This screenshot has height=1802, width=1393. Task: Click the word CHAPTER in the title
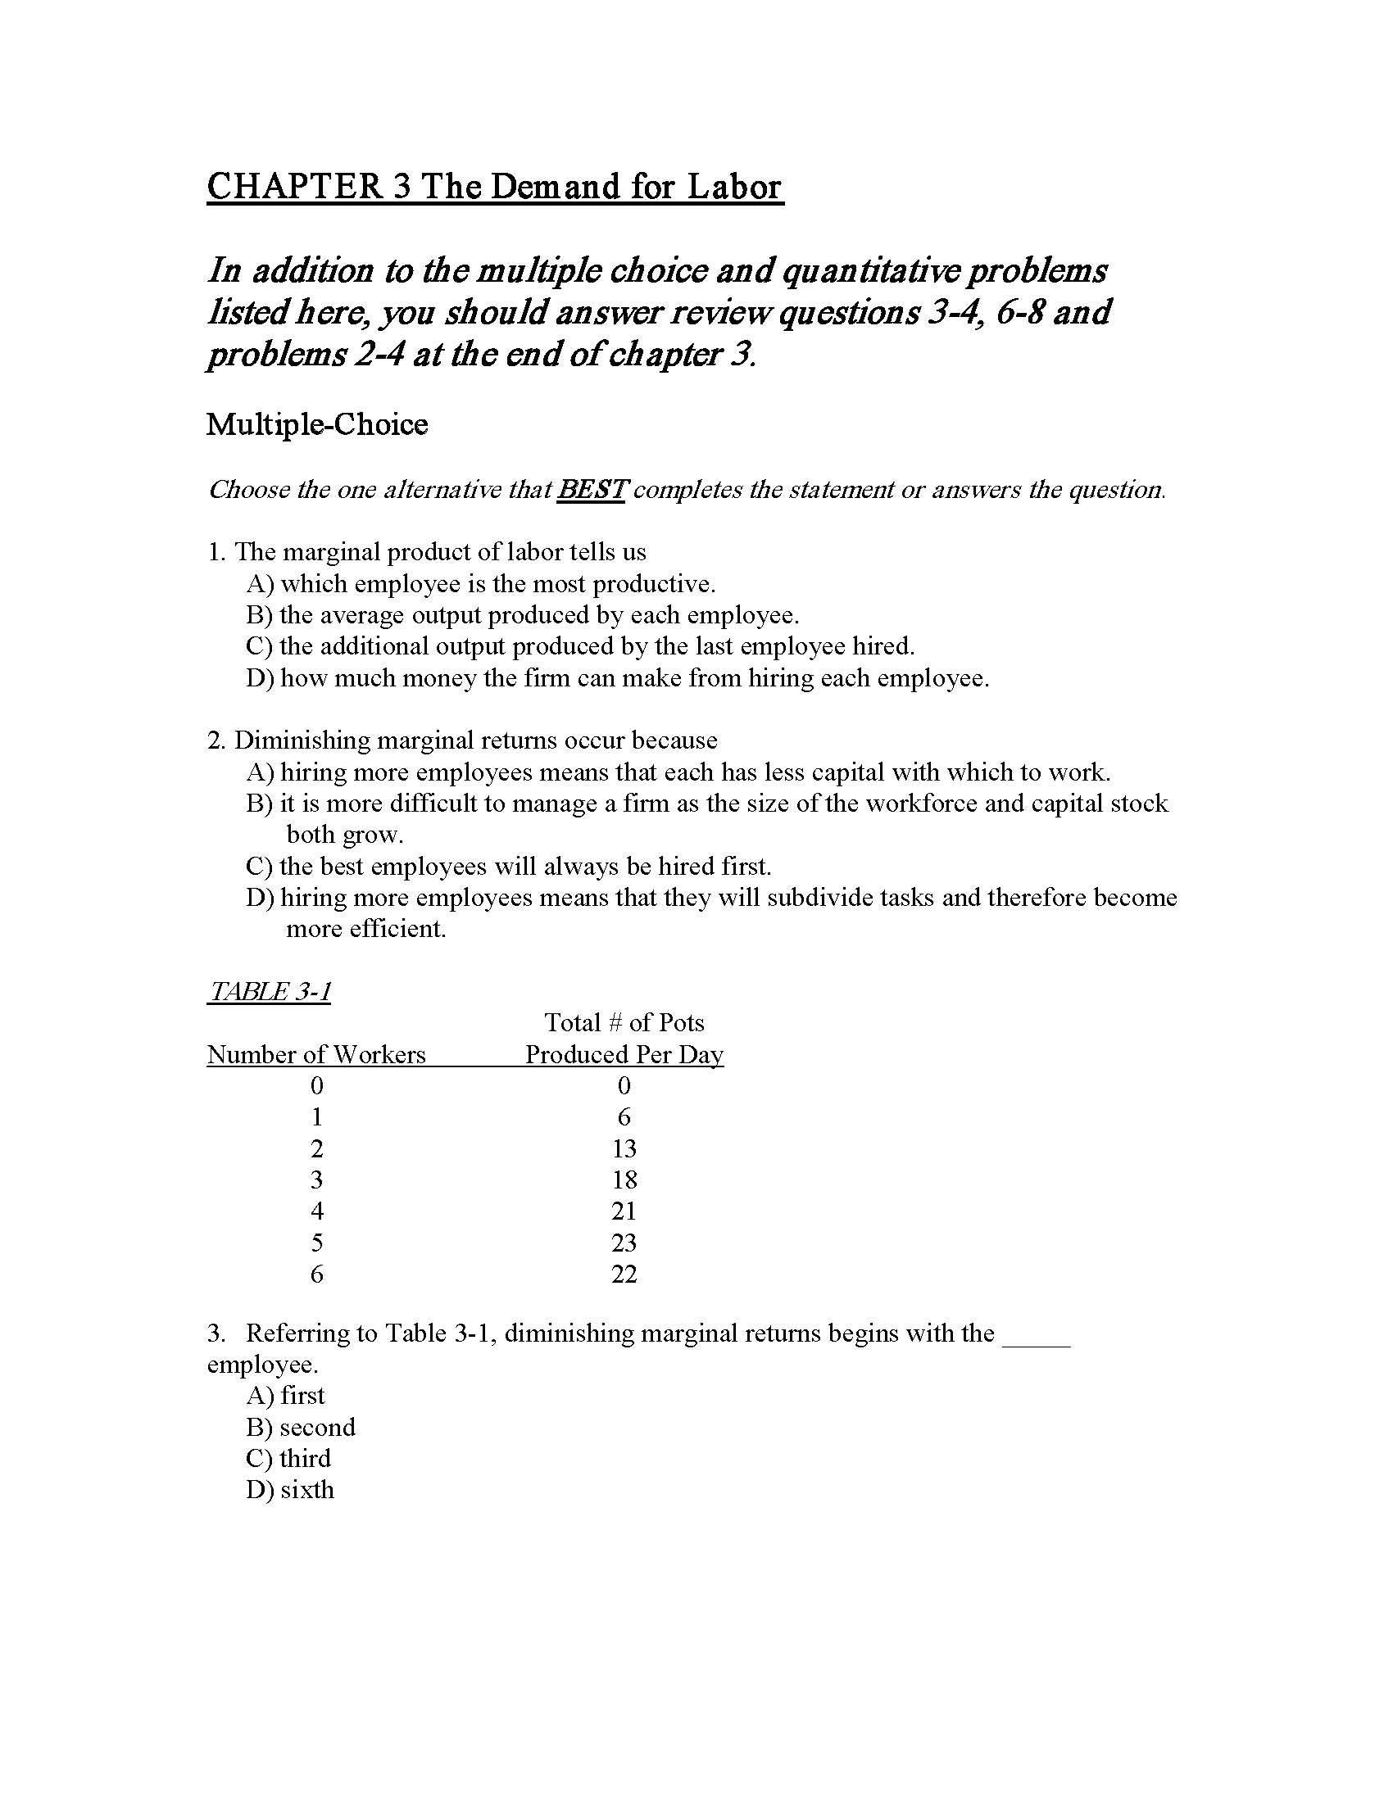(x=295, y=187)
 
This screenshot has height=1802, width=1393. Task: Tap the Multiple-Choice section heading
(x=317, y=425)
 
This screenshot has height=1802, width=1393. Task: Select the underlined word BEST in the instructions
(x=591, y=489)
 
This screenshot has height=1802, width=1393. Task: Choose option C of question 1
(x=580, y=646)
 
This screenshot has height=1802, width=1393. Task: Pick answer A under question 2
(x=678, y=772)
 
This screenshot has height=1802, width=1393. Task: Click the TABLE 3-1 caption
(x=269, y=991)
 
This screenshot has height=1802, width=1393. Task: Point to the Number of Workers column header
(x=316, y=1054)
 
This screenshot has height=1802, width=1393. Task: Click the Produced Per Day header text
(x=624, y=1054)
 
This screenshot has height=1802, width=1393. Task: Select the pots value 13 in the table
(x=624, y=1148)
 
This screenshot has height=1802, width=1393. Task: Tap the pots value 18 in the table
(x=624, y=1179)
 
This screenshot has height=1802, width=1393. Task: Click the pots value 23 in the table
(x=624, y=1243)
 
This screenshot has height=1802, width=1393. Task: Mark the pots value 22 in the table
(x=624, y=1274)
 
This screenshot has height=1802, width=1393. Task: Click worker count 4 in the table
(x=317, y=1211)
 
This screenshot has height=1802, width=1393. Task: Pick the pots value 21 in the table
(x=624, y=1211)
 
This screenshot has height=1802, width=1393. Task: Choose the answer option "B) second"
(x=301, y=1427)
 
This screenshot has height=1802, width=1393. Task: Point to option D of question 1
(x=617, y=678)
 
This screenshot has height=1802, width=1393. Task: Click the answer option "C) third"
(x=288, y=1458)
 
